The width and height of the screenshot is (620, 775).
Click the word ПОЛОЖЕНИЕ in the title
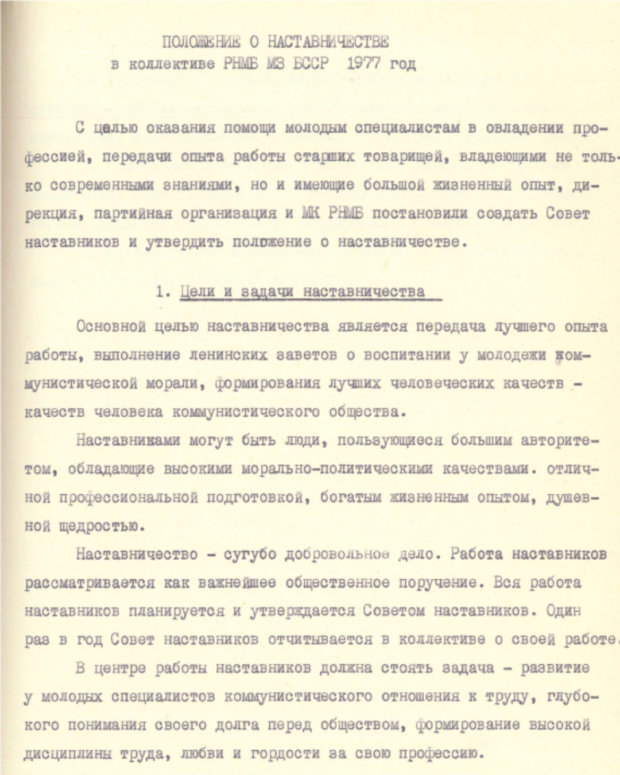(201, 42)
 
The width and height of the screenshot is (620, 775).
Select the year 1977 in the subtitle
(363, 63)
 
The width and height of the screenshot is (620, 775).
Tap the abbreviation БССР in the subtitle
(311, 63)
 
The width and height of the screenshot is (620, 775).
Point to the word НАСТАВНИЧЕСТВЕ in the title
(328, 42)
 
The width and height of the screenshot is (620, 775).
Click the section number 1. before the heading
(163, 292)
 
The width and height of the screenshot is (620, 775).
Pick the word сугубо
(249, 555)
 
